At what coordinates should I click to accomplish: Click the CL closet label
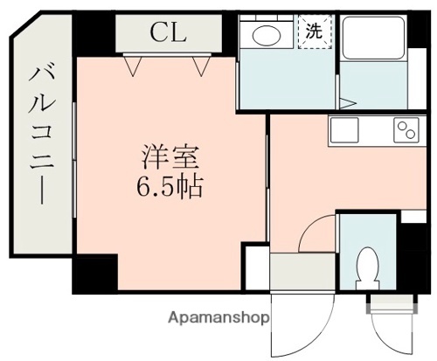[x=165, y=33]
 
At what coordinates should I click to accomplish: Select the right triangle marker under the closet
[x=204, y=64]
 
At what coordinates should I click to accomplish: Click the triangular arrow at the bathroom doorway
[x=347, y=103]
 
